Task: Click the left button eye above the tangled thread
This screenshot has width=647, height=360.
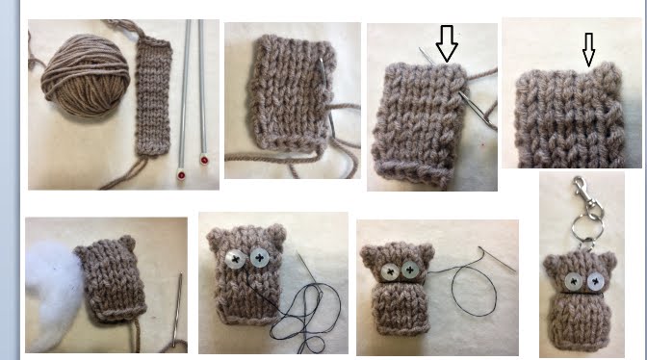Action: (x=234, y=259)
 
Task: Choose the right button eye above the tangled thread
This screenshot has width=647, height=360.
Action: (x=260, y=258)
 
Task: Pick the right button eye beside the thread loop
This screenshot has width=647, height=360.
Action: (x=409, y=270)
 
